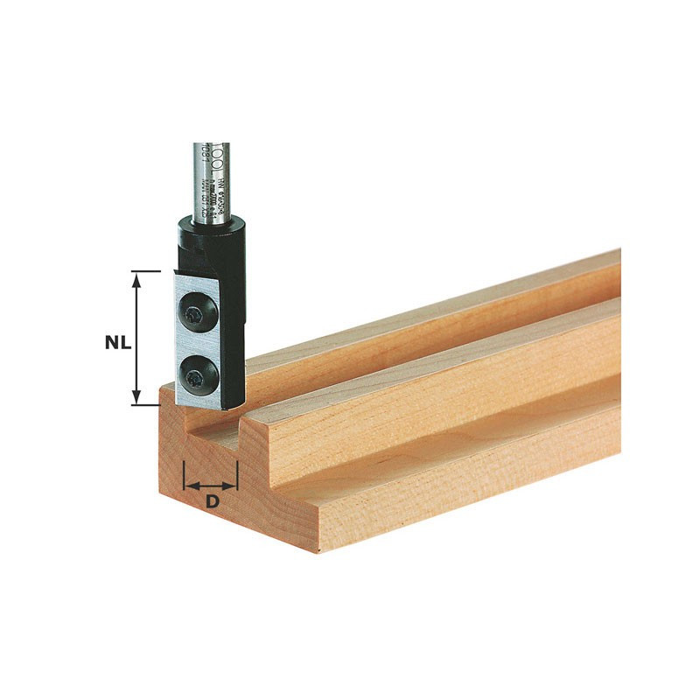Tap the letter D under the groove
tap(211, 502)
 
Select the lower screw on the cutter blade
tap(193, 377)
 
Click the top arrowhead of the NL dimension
tap(136, 277)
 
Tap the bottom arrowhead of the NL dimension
tap(136, 400)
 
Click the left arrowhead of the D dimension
tap(190, 486)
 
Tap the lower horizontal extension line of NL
tap(146, 405)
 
